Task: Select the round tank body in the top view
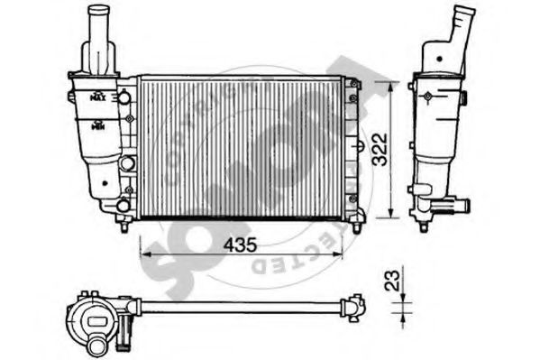[x=93, y=317]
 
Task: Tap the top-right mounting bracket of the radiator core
[x=355, y=86]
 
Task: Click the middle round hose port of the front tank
[x=127, y=163]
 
